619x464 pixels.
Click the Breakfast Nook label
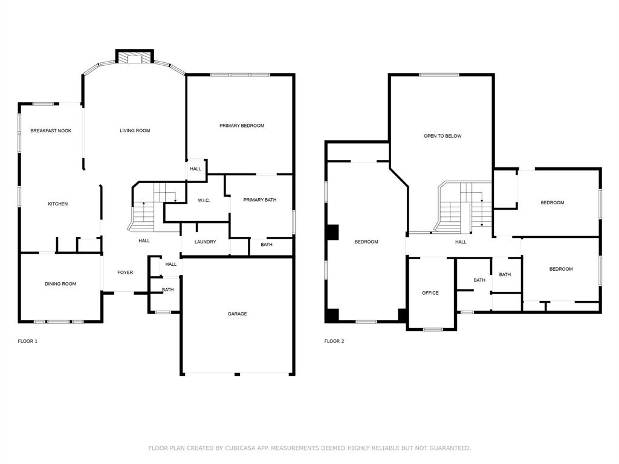point(51,130)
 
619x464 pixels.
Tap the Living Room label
point(135,130)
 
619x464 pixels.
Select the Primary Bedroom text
point(242,126)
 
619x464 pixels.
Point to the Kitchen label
point(57,204)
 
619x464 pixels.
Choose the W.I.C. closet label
point(204,201)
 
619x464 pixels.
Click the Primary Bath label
point(260,200)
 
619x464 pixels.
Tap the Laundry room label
point(206,242)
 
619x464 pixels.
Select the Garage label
point(237,314)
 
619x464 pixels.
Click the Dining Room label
point(60,284)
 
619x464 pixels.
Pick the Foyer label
point(125,272)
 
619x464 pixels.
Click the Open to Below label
point(442,136)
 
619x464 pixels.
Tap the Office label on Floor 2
point(430,293)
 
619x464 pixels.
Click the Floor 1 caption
point(28,341)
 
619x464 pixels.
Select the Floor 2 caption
point(334,341)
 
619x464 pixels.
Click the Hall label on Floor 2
point(461,242)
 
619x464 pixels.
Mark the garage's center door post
point(237,374)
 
